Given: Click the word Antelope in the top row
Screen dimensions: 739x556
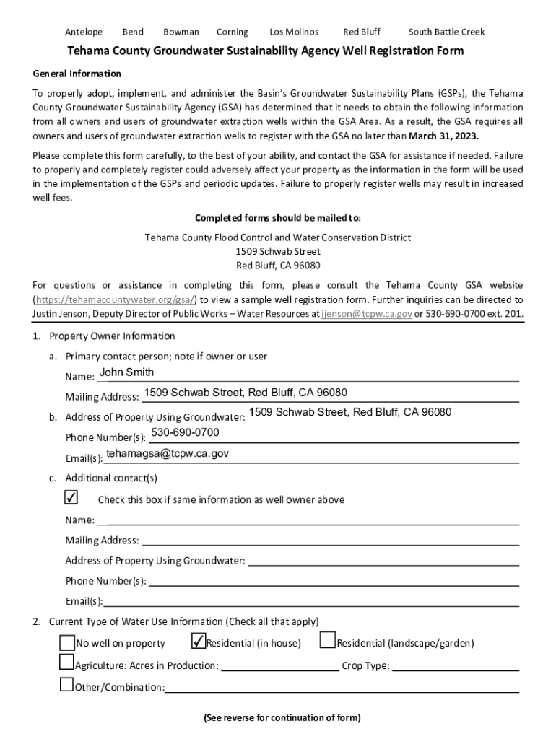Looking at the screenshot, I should pyautogui.click(x=84, y=32).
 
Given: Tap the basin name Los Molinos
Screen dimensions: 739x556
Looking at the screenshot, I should pyautogui.click(x=294, y=32).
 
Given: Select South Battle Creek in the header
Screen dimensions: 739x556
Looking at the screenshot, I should pyautogui.click(x=446, y=32).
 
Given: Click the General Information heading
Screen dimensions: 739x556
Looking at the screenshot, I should pyautogui.click(x=77, y=74).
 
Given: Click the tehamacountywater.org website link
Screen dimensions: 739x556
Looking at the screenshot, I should pyautogui.click(x=115, y=299).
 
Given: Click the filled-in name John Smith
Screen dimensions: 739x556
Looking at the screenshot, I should pyautogui.click(x=126, y=372).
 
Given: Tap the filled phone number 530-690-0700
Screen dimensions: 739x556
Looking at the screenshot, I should pyautogui.click(x=185, y=432).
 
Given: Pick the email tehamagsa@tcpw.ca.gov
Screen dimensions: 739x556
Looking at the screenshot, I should pyautogui.click(x=168, y=453).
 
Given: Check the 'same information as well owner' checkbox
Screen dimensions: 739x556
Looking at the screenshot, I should pyautogui.click(x=71, y=498).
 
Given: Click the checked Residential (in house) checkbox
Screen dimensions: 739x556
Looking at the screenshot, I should pyautogui.click(x=198, y=642).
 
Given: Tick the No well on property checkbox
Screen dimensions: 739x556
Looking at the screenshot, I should pyautogui.click(x=67, y=642).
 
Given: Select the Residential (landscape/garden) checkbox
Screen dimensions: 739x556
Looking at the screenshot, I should pyautogui.click(x=327, y=641).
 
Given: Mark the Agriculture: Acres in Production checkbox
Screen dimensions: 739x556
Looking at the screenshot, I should pyautogui.click(x=67, y=663).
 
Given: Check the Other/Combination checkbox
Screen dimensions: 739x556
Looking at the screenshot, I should pyautogui.click(x=67, y=684).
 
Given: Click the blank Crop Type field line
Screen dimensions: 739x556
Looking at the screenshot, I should pyautogui.click(x=455, y=667).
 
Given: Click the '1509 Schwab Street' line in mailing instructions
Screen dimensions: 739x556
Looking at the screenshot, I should pyautogui.click(x=278, y=252).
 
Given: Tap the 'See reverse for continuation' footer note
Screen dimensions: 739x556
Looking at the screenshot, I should pyautogui.click(x=282, y=717).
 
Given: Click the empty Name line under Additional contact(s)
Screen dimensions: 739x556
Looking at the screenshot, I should pyautogui.click(x=308, y=520).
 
